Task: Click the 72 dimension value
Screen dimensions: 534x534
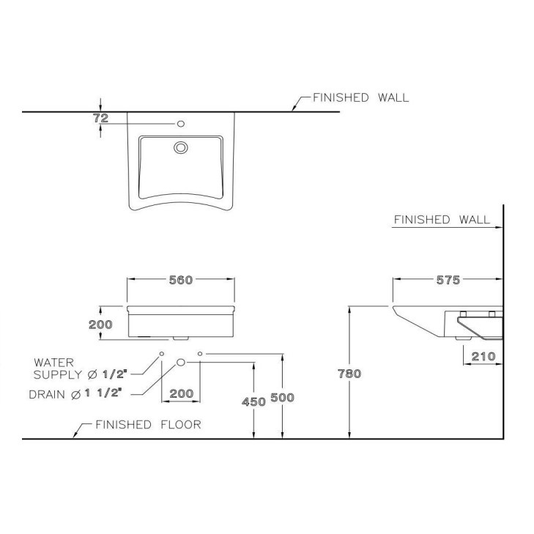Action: (x=101, y=118)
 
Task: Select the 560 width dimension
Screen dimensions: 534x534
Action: (x=181, y=280)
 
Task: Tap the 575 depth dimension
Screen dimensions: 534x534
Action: (x=448, y=280)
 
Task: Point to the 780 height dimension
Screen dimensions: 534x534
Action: (x=349, y=374)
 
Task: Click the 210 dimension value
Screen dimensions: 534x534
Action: (x=483, y=356)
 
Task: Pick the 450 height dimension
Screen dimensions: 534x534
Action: (x=253, y=402)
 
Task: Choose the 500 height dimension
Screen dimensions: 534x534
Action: (x=282, y=398)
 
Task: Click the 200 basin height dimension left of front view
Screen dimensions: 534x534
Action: (x=100, y=325)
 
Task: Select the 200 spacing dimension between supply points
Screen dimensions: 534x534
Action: (x=182, y=393)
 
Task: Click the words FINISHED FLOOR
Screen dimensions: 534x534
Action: (x=148, y=425)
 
